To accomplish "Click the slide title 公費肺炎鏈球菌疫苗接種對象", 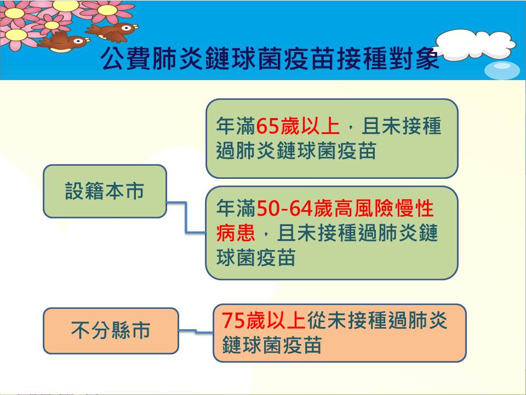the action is click(270, 58).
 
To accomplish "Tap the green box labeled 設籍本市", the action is click(105, 191).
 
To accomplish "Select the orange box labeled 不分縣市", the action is click(111, 331).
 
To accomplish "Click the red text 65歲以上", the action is click(298, 126).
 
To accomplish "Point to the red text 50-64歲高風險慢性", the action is click(345, 208).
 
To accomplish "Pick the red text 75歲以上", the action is click(264, 320).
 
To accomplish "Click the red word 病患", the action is click(236, 233).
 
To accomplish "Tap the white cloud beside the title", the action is click(476, 44).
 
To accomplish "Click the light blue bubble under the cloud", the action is click(502, 71).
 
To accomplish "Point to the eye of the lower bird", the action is click(78, 41).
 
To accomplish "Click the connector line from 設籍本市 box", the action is click(186, 218).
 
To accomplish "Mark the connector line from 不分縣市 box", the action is click(196, 331).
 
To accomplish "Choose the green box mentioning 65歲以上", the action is click(332, 138).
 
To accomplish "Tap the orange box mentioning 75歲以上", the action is click(340, 333).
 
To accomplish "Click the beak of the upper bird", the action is click(135, 26).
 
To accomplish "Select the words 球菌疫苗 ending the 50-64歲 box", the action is click(256, 258).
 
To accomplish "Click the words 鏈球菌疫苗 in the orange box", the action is click(272, 345).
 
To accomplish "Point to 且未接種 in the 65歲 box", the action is click(402, 126).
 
